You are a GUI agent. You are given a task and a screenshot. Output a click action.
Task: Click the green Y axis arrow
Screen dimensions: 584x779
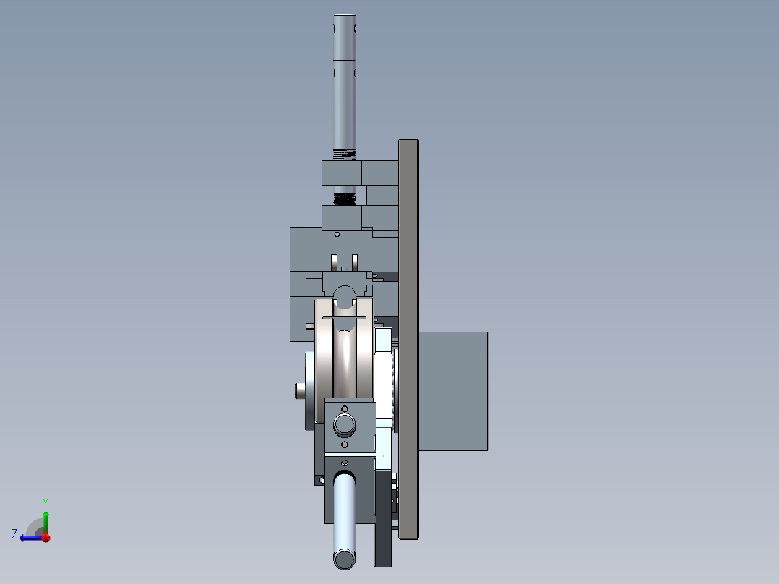46,519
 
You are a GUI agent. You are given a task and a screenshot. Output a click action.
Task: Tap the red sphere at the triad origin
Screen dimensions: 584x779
46,537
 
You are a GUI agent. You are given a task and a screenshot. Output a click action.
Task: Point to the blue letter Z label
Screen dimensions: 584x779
14,533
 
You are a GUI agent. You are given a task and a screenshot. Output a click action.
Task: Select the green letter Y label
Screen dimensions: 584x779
45,502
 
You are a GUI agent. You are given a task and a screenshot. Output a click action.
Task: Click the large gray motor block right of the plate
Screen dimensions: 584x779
453,391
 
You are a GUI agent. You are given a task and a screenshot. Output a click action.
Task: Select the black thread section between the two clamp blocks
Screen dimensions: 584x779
345,199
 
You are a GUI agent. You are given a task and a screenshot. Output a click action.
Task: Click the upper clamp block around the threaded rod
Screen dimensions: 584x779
342,173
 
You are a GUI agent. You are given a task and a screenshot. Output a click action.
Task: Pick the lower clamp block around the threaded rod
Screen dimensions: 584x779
342,217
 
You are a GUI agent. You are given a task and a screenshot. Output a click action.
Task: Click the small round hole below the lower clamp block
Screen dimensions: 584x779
337,234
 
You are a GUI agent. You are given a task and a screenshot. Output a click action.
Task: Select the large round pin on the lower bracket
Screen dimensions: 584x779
344,424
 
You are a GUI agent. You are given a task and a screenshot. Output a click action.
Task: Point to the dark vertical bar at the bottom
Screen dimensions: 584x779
382,535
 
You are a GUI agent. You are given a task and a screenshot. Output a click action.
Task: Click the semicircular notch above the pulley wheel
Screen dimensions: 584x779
345,293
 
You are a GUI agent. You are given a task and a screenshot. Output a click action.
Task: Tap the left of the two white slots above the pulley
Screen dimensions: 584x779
334,260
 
